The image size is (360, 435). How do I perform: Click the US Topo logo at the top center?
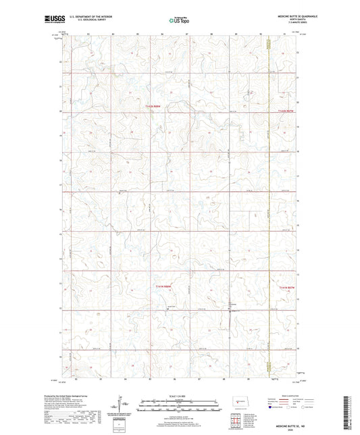click(179, 20)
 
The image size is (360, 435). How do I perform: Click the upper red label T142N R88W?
click(155, 105)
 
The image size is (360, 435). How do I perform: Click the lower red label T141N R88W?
click(155, 287)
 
